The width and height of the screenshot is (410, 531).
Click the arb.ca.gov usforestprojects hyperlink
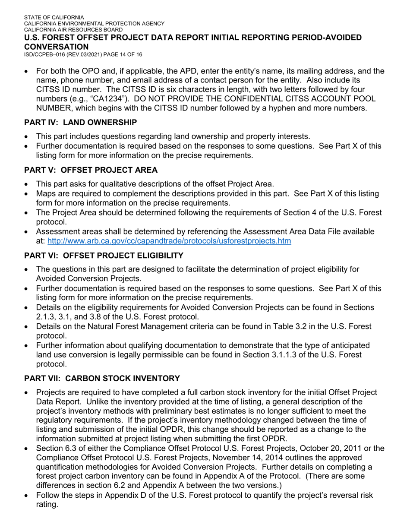[169, 241]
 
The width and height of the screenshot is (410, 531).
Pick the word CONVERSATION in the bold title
[57, 47]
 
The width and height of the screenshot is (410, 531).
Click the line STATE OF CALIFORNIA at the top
[54, 18]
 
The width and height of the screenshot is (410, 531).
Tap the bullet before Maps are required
[27, 194]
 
